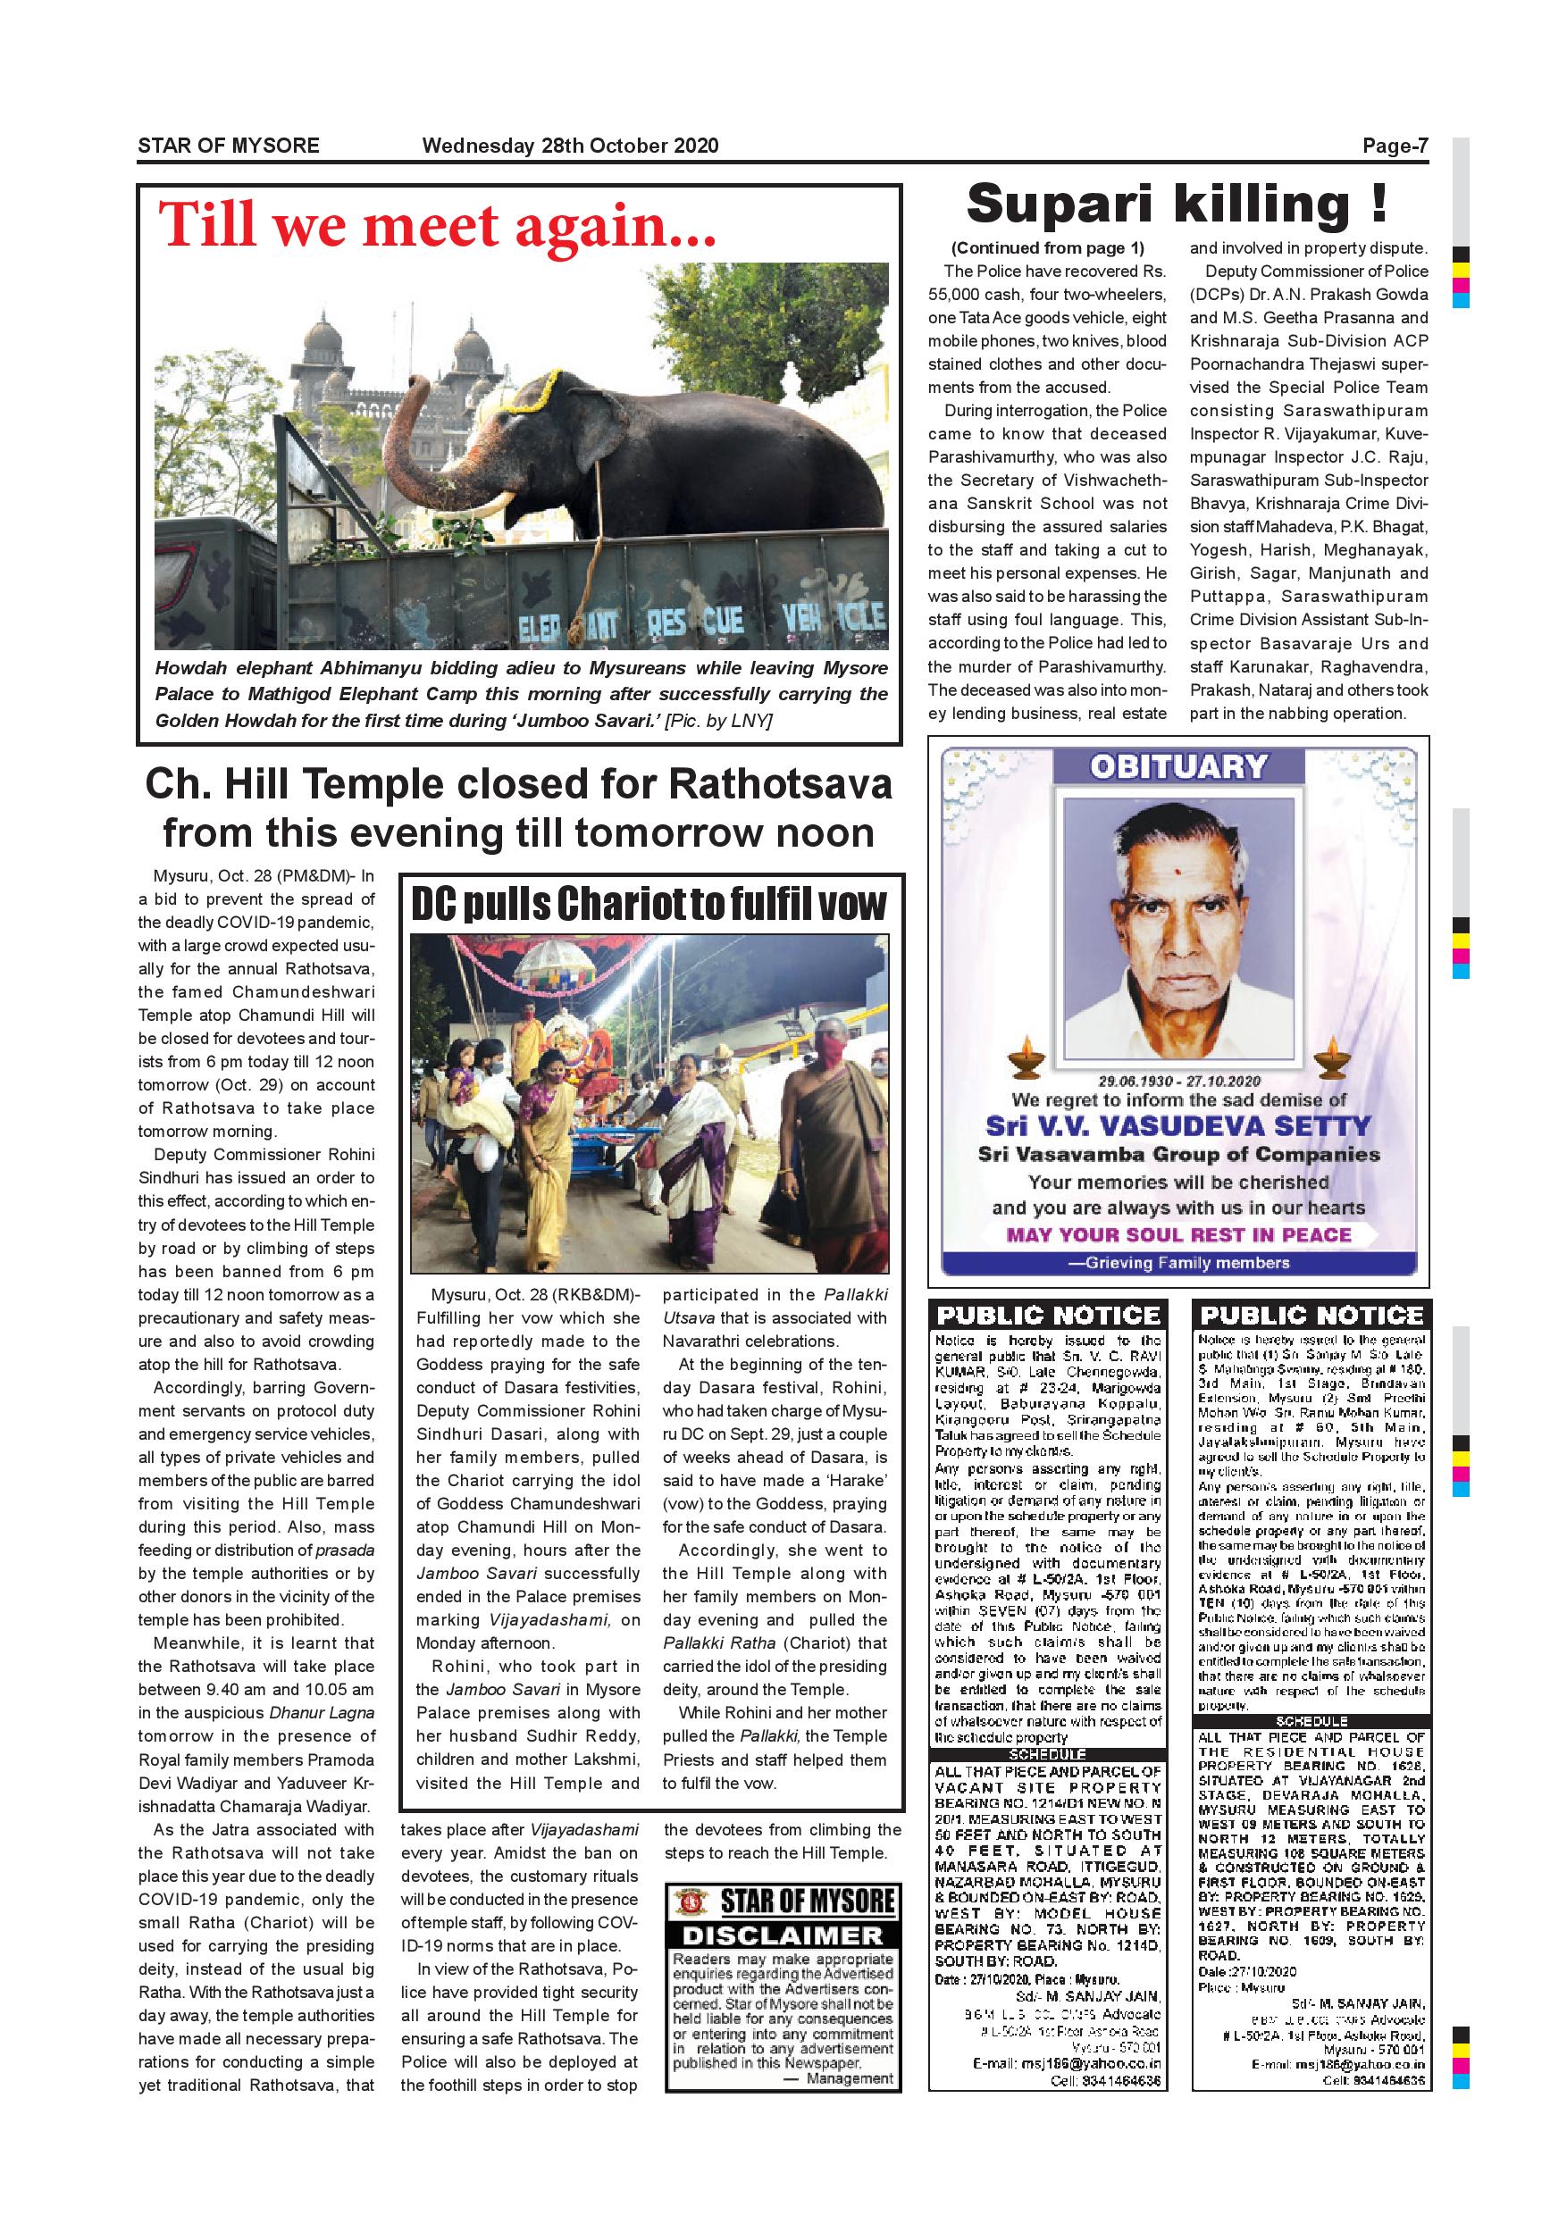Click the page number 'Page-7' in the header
pyautogui.click(x=1395, y=146)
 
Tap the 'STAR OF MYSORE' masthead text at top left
pyautogui.click(x=229, y=146)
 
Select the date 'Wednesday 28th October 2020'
pyautogui.click(x=570, y=146)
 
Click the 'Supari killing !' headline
pyautogui.click(x=1177, y=205)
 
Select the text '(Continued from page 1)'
pyautogui.click(x=1048, y=248)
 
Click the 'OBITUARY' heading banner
pyautogui.click(x=1178, y=767)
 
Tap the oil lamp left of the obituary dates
pyautogui.click(x=1026, y=1060)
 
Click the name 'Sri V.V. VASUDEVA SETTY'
pyautogui.click(x=1178, y=1126)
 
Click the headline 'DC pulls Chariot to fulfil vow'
pyautogui.click(x=649, y=904)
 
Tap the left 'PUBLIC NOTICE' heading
pyautogui.click(x=1048, y=1315)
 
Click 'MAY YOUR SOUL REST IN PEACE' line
pyautogui.click(x=1178, y=1235)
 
